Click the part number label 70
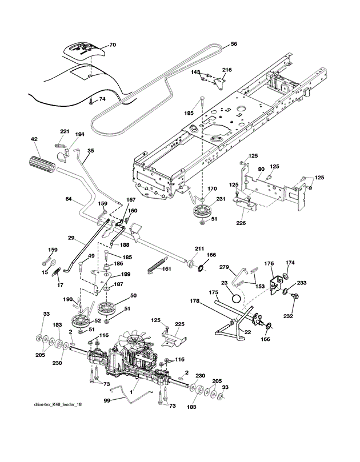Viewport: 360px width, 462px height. click(x=113, y=45)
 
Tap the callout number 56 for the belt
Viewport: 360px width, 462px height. click(x=234, y=44)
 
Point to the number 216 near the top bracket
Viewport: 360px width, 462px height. click(x=227, y=70)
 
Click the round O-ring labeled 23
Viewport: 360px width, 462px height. click(x=234, y=298)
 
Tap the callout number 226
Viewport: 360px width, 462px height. click(x=241, y=222)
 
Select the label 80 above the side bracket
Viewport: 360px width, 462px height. click(x=260, y=169)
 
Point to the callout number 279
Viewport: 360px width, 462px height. click(x=224, y=268)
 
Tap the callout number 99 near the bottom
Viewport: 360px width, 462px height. click(x=106, y=402)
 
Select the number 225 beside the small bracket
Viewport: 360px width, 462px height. click(x=179, y=324)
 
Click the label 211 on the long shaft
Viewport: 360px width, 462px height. click(x=199, y=248)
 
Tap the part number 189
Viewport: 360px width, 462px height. click(x=125, y=275)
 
